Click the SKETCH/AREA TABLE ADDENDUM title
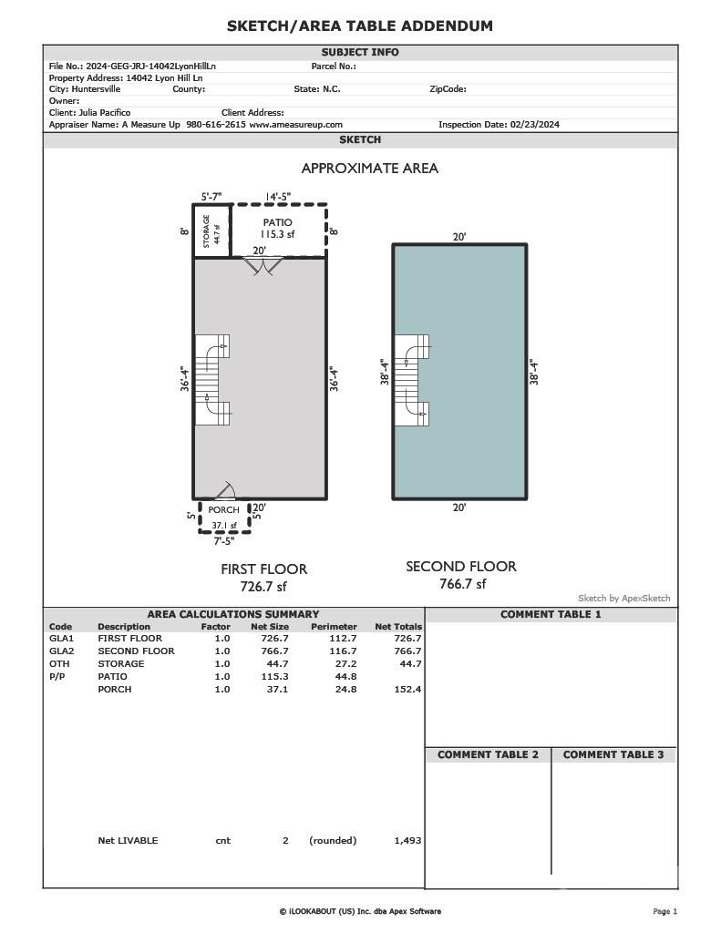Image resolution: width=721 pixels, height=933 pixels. click(x=360, y=26)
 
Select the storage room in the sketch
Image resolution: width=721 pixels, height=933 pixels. click(x=210, y=231)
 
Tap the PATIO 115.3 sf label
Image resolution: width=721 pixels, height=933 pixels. click(x=277, y=229)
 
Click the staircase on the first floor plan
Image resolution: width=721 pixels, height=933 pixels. click(x=212, y=380)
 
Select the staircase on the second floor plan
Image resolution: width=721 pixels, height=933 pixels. click(x=411, y=380)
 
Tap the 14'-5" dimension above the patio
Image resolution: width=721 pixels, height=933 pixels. click(x=278, y=196)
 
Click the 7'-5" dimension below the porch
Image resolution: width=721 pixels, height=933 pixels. click(x=223, y=541)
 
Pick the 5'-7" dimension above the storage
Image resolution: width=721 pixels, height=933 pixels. click(x=211, y=196)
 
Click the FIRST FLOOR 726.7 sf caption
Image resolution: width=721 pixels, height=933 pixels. click(x=263, y=577)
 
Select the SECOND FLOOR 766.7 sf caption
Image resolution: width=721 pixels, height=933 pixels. click(x=461, y=575)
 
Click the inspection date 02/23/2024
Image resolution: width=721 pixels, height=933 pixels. click(x=500, y=125)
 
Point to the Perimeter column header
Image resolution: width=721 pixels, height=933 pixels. click(x=333, y=627)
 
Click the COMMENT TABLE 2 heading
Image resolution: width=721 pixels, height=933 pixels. click(x=488, y=754)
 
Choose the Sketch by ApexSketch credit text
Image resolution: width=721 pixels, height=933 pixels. click(x=623, y=599)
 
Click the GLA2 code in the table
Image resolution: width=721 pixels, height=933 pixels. click(x=61, y=651)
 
